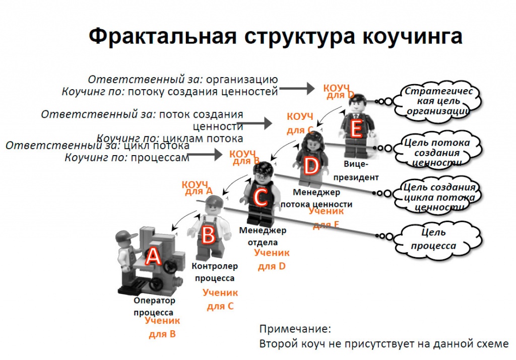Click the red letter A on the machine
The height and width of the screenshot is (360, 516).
pyautogui.click(x=153, y=257)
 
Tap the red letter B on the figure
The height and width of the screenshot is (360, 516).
pyautogui.click(x=208, y=235)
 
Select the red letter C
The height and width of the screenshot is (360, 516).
pyautogui.click(x=260, y=197)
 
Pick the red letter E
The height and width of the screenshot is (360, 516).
pyautogui.click(x=356, y=130)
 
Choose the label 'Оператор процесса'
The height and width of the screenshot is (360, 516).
pyautogui.click(x=154, y=307)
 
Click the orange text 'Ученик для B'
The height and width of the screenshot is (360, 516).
pyautogui.click(x=162, y=327)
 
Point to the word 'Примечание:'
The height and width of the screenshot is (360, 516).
pyautogui.click(x=295, y=329)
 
